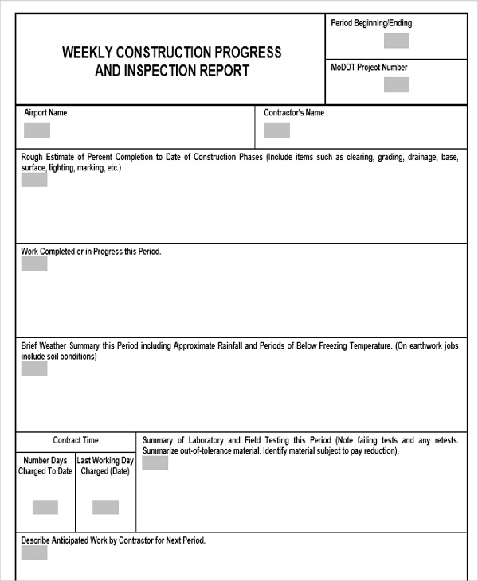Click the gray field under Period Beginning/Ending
396,41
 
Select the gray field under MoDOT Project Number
396,84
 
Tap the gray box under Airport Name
37,130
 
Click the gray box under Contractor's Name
276,130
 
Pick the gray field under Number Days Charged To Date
45,507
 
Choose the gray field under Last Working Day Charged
105,507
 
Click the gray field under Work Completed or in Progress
34,263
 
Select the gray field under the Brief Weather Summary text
34,368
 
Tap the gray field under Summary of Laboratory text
155,463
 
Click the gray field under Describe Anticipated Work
34,552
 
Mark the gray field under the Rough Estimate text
34,180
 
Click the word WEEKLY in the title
88,53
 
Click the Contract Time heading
76,440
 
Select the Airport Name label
45,113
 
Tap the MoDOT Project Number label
369,68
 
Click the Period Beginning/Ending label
371,23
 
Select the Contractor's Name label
294,113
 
